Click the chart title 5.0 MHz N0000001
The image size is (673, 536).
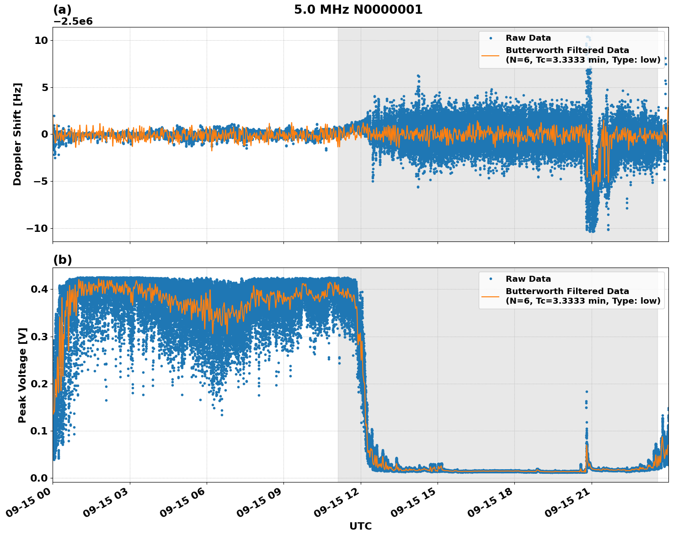tap(358, 10)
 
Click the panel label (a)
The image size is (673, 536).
tap(62, 10)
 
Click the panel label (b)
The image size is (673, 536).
tap(62, 260)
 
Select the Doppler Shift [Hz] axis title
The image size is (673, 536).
tap(17, 134)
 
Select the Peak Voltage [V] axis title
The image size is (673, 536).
tap(22, 375)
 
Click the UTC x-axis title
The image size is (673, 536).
tap(360, 526)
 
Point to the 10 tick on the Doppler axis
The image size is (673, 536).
tap(41, 40)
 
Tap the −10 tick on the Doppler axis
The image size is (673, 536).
tap(37, 228)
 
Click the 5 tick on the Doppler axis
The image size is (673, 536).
tap(44, 87)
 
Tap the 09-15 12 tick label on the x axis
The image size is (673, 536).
tap(336, 505)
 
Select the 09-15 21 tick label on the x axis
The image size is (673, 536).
tap(567, 505)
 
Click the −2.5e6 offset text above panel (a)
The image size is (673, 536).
tap(73, 21)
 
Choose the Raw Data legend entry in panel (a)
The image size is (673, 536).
tap(528, 38)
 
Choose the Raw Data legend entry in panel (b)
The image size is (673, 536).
tap(528, 279)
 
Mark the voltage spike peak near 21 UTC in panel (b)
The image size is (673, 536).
tap(587, 392)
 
